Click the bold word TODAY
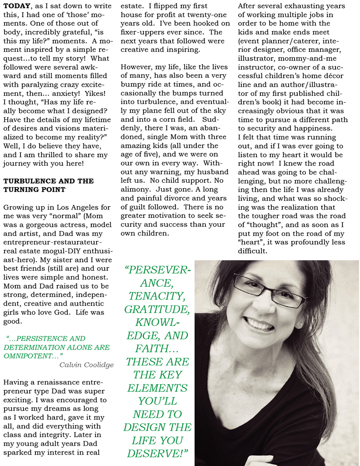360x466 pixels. click(x=17, y=6)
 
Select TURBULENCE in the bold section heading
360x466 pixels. click(x=27, y=181)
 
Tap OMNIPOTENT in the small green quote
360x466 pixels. click(x=23, y=356)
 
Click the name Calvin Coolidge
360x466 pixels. click(x=86, y=365)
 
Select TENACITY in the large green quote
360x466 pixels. click(x=157, y=296)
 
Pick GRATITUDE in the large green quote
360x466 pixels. click(x=157, y=309)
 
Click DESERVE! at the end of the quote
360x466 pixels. click(x=157, y=454)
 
